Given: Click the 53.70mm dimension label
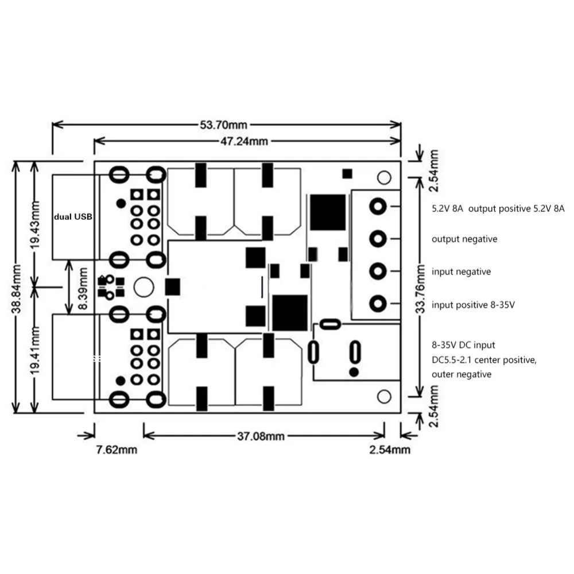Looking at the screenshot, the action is [x=223, y=125].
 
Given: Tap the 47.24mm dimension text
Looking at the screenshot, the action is [x=244, y=141].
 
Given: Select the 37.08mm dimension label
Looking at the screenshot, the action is [x=261, y=436].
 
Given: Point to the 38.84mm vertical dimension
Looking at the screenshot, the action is [x=16, y=289].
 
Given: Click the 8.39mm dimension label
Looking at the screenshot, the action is [x=83, y=289].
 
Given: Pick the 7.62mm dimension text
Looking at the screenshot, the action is [x=117, y=450].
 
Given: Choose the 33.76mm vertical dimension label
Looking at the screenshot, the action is [x=421, y=289].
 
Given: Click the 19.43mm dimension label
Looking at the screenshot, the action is [x=35, y=225].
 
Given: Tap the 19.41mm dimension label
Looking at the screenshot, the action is [x=35, y=350].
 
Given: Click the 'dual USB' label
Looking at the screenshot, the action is [x=73, y=217].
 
